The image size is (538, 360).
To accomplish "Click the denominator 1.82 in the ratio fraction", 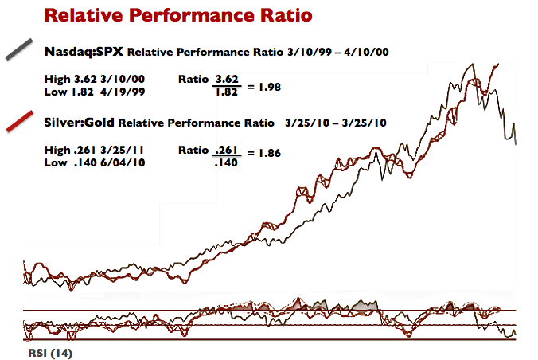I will coord(227,92).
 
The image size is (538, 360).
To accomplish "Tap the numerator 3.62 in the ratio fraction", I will coord(227,79).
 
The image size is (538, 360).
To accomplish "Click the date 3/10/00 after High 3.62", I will coord(117,79).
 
